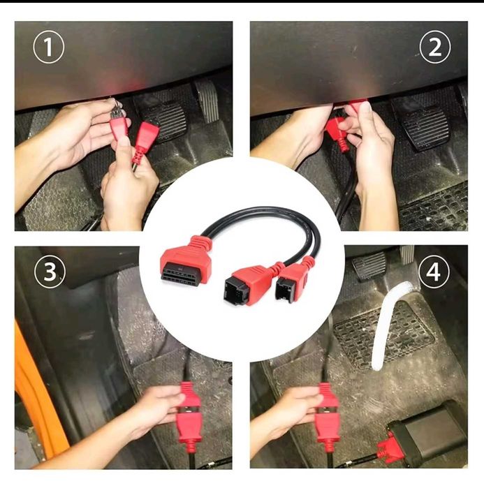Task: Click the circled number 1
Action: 49,47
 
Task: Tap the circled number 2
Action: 435,47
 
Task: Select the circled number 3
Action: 50,272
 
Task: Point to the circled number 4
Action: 434,272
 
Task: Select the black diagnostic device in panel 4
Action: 427,432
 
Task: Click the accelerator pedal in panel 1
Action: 206,101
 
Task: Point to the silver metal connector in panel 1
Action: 115,108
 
